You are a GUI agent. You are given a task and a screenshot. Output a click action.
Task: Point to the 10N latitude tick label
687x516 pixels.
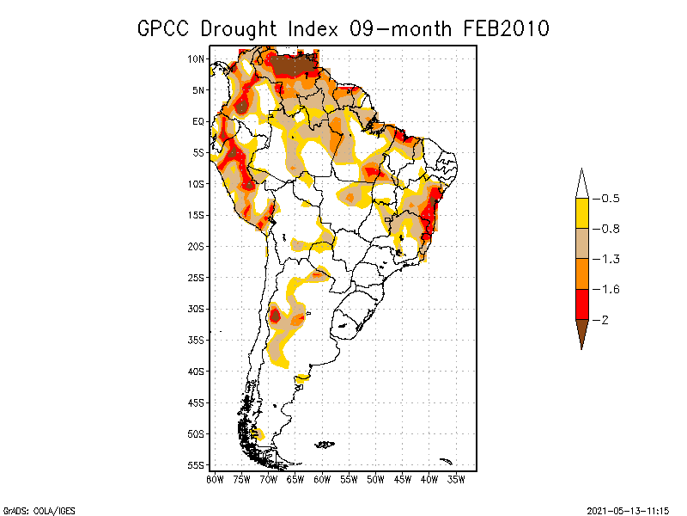click(x=196, y=58)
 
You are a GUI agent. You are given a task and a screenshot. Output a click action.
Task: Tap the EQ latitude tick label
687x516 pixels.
click(x=198, y=121)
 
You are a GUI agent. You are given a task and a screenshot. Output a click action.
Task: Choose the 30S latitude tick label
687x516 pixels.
click(x=196, y=309)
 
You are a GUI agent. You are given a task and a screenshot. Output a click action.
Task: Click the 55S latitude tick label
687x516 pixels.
click(x=196, y=465)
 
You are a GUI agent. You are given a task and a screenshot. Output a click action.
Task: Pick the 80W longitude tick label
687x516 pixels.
click(x=215, y=479)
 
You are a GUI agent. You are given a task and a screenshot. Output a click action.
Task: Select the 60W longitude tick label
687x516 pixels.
click(x=322, y=479)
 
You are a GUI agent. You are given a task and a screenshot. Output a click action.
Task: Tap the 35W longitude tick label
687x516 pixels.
click(x=456, y=479)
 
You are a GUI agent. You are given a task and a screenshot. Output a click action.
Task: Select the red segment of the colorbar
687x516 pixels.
click(x=581, y=304)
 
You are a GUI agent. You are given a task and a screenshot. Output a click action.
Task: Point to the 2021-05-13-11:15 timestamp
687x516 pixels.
click(x=627, y=509)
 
